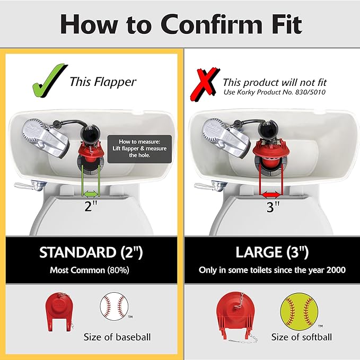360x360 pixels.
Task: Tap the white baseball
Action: (x=114, y=306)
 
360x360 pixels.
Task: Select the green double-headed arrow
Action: (x=91, y=194)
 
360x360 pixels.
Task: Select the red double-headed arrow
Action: (x=271, y=196)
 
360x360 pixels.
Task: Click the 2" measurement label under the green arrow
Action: (x=91, y=206)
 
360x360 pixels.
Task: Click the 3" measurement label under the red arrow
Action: (x=273, y=207)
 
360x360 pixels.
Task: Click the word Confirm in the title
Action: (x=211, y=24)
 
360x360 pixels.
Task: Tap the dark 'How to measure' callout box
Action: (x=139, y=149)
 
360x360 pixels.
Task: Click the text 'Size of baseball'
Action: (x=117, y=337)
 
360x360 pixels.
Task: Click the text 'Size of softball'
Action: (x=302, y=337)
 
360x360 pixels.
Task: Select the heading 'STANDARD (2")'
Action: (x=91, y=252)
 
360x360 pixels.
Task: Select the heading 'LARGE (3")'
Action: (x=272, y=252)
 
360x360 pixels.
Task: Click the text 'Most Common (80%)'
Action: (x=90, y=270)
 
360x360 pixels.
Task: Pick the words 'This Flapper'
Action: (x=103, y=82)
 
